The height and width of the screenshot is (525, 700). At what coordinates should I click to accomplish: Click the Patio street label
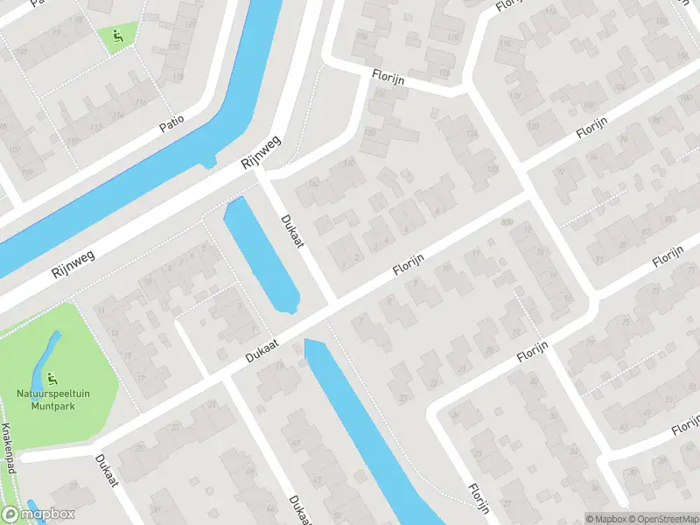coord(172,125)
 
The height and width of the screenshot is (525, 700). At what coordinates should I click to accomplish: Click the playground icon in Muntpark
coord(52,380)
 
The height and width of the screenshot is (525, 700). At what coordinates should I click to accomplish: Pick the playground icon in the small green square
coord(117,36)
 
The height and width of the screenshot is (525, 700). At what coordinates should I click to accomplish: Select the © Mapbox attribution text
coord(606,519)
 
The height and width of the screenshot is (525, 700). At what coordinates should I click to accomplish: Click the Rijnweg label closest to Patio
coord(262,152)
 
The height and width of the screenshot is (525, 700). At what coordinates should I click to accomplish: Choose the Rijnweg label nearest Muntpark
coord(73,260)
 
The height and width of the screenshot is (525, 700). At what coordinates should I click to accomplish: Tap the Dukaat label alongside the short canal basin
coord(292,230)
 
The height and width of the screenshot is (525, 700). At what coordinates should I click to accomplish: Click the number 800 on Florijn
coord(506,222)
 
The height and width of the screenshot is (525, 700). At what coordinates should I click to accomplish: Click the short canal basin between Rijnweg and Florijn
coord(262,253)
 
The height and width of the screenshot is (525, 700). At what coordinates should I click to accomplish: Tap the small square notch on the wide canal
coord(207,161)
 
